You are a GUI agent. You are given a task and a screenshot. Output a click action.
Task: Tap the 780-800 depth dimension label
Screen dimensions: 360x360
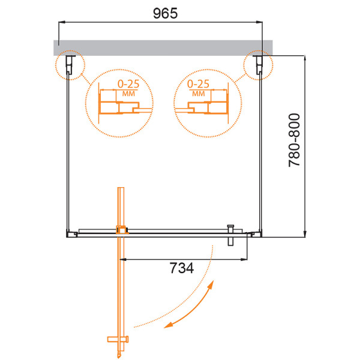[295, 147]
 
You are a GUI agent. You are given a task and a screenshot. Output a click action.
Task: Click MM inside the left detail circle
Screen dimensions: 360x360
[127, 94]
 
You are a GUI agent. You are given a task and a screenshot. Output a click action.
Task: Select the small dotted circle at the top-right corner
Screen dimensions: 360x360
[257, 65]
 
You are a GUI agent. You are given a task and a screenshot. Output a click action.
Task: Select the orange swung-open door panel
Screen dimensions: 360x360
[122, 282]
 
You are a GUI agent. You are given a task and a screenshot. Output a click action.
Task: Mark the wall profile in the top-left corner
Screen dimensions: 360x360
[70, 64]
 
